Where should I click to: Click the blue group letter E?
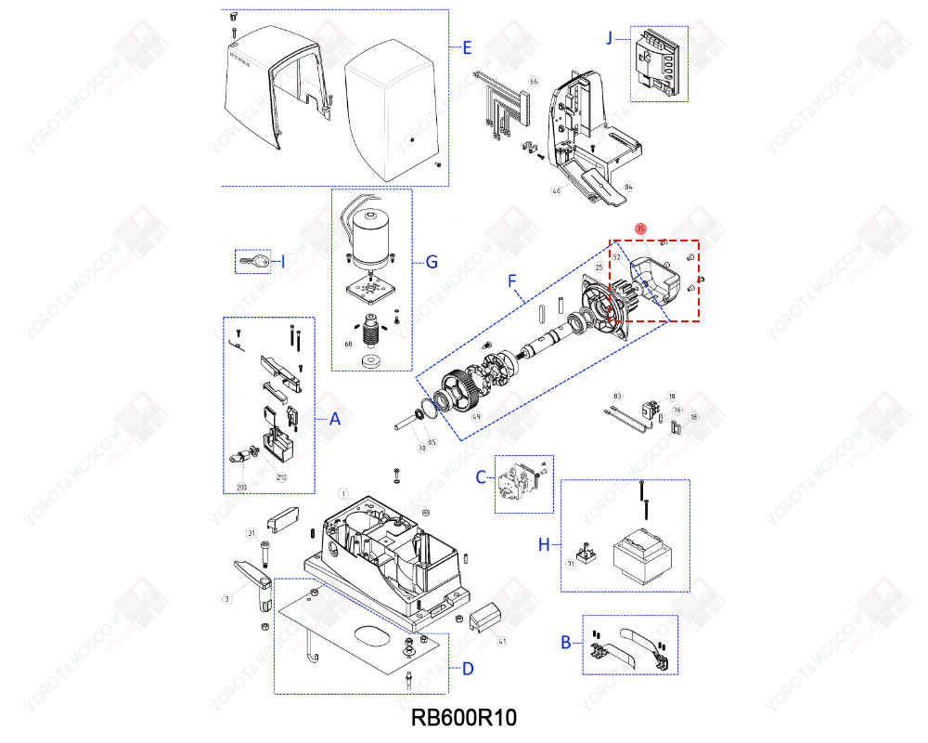[468, 46]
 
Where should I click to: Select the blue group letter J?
[610, 38]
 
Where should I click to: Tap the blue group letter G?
[432, 263]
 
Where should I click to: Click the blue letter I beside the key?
[283, 263]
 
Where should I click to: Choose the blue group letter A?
[336, 420]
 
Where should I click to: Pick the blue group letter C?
[481, 476]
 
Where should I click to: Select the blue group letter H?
[545, 544]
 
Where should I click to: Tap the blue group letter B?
[565, 642]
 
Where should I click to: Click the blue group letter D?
[468, 669]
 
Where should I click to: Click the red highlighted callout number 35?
[640, 228]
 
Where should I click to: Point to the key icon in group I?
[252, 263]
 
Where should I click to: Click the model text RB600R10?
[463, 718]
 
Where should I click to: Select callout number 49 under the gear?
[477, 417]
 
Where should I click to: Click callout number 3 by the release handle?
[226, 599]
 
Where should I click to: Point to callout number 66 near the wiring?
[534, 83]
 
